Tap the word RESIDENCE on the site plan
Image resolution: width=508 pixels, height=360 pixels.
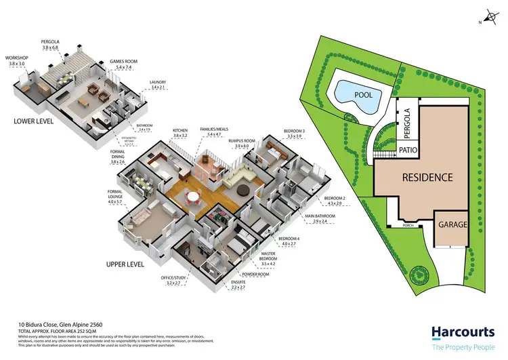(x=427, y=178)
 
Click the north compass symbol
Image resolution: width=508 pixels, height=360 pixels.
(x=490, y=17)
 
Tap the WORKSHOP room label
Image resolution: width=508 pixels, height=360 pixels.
(x=17, y=58)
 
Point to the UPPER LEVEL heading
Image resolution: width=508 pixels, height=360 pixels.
(x=125, y=264)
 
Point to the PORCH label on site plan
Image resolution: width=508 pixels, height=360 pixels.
(x=409, y=222)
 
